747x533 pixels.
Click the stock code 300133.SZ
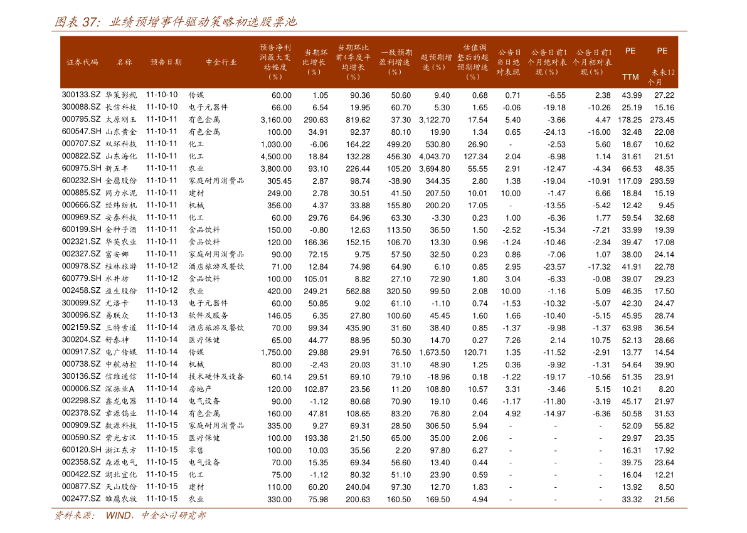[x=81, y=95]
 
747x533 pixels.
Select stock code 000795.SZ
[x=81, y=119]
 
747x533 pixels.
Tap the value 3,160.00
[x=276, y=120]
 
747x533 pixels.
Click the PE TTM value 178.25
[x=630, y=120]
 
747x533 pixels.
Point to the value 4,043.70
[x=435, y=157]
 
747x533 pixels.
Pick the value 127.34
[x=475, y=157]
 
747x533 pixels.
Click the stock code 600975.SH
[x=82, y=168]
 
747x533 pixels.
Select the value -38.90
[x=400, y=181]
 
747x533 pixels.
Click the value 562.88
[x=358, y=292]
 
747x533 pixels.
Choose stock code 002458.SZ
[x=81, y=290]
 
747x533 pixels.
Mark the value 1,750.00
[x=276, y=353]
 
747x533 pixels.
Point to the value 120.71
[x=475, y=353]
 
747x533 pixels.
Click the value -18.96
[x=438, y=377]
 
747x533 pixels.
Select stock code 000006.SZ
[x=81, y=389]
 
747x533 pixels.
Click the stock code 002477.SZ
[x=81, y=499]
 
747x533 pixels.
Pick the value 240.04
[x=358, y=487]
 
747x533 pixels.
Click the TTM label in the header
[x=630, y=77]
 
